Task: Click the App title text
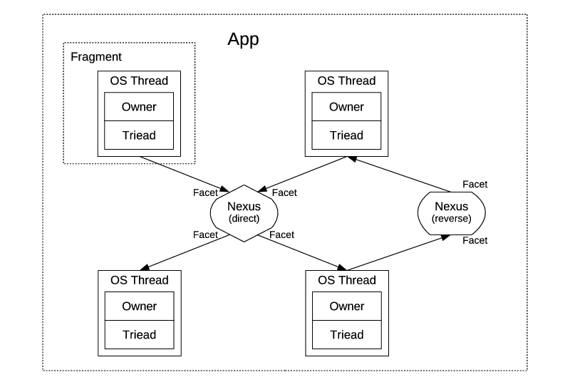(243, 39)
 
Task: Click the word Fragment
(96, 56)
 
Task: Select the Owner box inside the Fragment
(139, 107)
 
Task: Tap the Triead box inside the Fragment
(139, 135)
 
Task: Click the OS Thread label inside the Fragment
(139, 81)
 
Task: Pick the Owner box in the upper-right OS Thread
(346, 107)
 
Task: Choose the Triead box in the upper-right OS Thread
(346, 135)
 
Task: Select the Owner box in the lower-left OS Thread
(139, 306)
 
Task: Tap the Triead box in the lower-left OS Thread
(139, 334)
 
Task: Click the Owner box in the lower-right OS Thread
(346, 306)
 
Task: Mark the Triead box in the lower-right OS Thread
(346, 334)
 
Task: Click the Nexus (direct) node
(244, 212)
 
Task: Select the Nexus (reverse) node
(452, 212)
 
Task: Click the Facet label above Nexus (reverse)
(475, 184)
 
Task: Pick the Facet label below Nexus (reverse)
(475, 240)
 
